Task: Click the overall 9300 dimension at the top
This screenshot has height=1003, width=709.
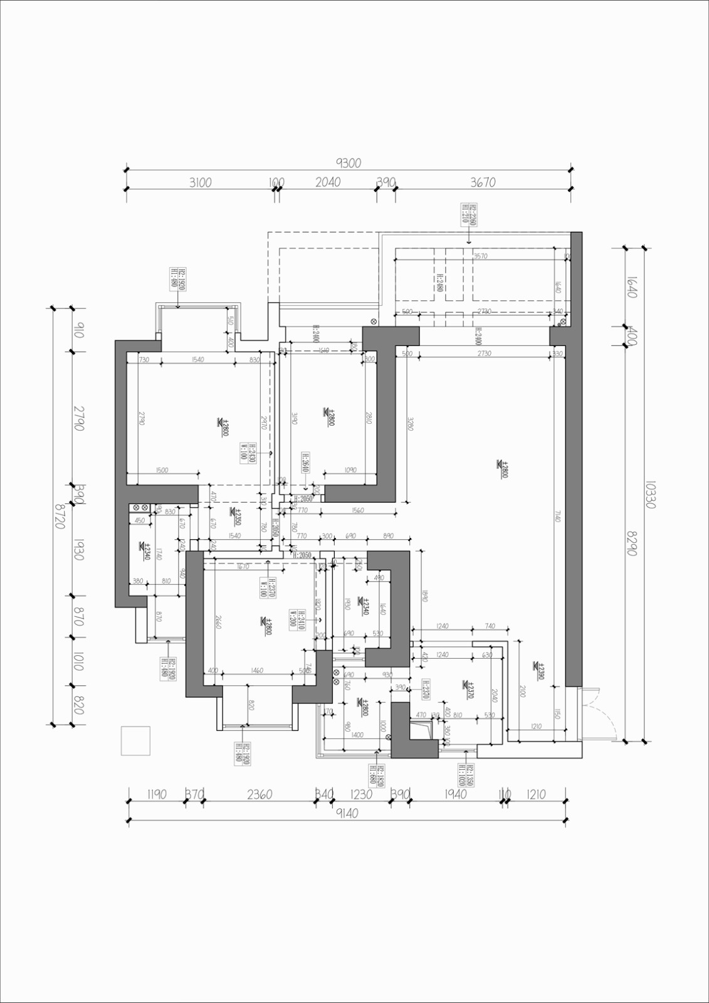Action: point(349,164)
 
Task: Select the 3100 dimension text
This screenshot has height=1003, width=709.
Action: point(200,182)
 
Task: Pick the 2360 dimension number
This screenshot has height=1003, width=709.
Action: point(260,794)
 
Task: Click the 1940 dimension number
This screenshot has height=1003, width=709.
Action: point(455,794)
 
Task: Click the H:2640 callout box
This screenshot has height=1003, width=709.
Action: point(305,465)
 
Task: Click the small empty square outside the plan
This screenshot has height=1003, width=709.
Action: point(135,740)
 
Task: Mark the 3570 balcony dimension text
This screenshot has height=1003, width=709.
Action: point(481,256)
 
